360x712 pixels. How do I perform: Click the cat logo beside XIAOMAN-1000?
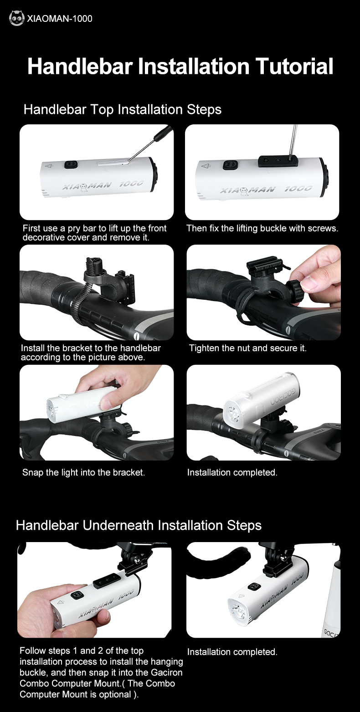[x=17, y=18]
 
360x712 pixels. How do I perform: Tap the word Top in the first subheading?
[x=102, y=110]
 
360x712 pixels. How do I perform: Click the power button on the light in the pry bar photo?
[x=69, y=164]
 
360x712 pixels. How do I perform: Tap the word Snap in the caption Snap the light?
[x=32, y=472]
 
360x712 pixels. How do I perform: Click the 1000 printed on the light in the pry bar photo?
[x=132, y=184]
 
